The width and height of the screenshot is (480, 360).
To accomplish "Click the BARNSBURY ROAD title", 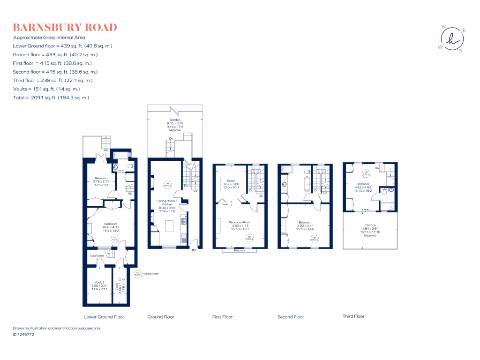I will [x=65, y=27].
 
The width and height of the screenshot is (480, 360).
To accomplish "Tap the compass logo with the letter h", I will [x=451, y=38].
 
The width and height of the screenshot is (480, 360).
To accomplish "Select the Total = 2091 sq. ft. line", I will [x=51, y=97].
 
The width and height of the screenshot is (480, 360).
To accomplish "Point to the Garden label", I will [x=175, y=120].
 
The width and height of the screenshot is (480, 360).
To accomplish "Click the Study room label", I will [x=230, y=180].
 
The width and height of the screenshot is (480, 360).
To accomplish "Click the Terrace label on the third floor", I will [x=370, y=225].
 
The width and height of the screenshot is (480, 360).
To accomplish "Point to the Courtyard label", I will [x=97, y=255].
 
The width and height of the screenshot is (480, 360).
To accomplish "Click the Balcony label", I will [x=240, y=251].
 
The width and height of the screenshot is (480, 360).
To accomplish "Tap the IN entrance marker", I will [x=194, y=250].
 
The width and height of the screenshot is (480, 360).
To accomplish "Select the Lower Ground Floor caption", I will [x=104, y=317].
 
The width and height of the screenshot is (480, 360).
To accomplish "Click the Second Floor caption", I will [x=291, y=317].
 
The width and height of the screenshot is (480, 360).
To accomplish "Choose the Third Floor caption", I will [x=353, y=316].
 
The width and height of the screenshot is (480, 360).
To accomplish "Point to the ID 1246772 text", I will [x=23, y=335].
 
